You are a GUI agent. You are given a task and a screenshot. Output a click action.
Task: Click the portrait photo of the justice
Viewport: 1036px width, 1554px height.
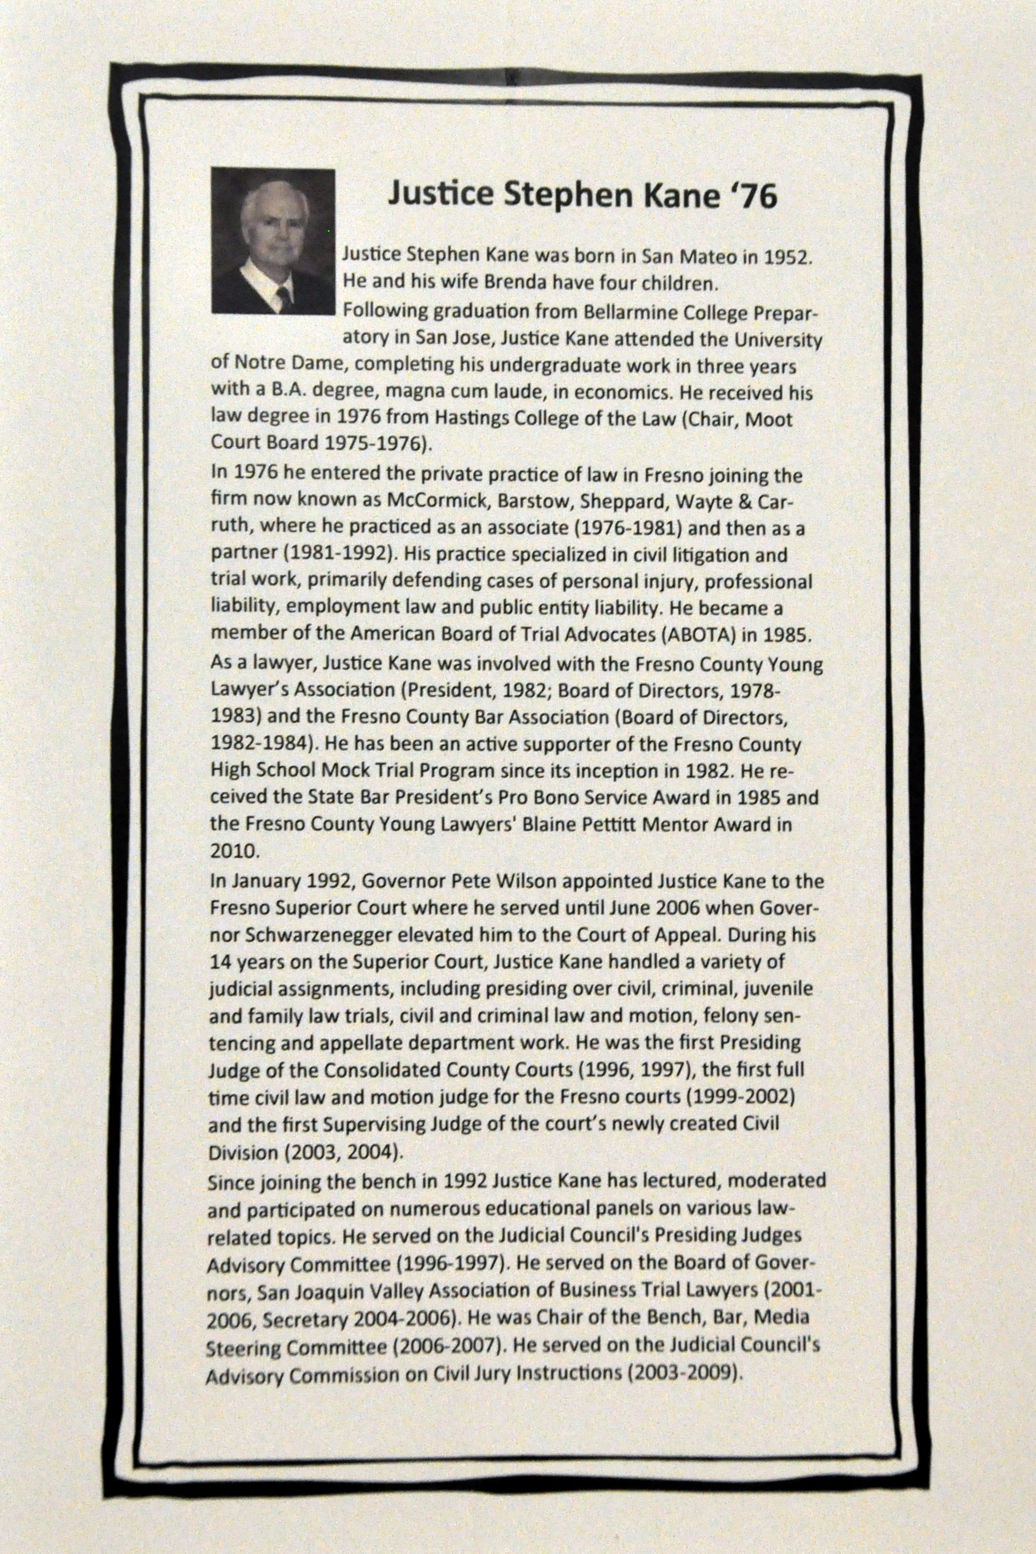tap(273, 241)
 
